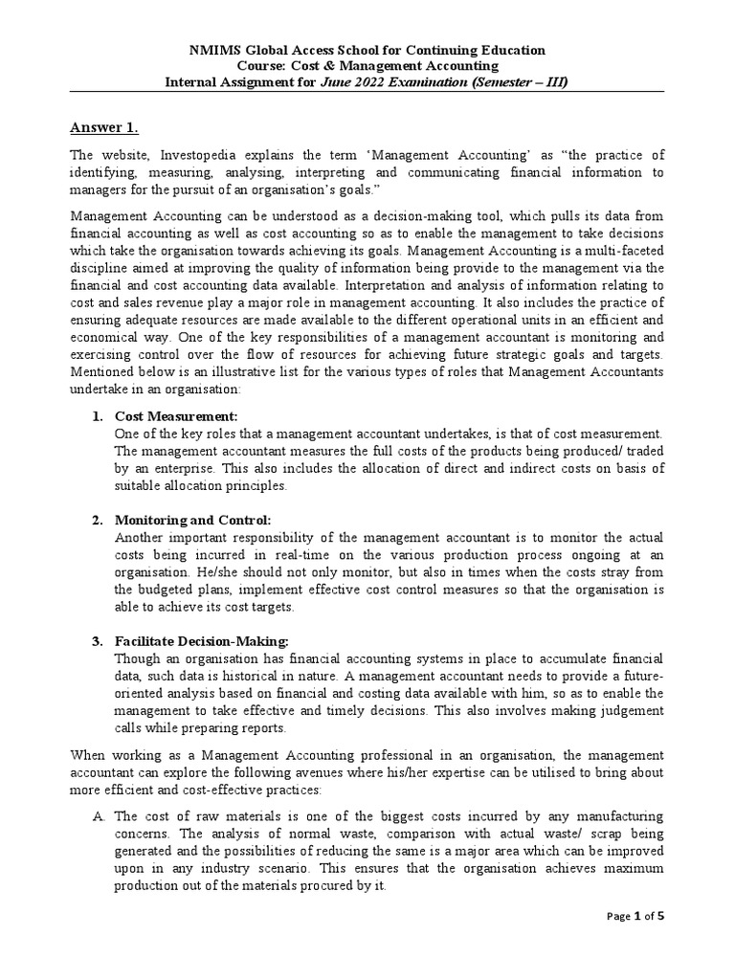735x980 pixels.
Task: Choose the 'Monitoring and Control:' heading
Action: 193,519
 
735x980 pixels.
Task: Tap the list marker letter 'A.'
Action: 98,816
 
